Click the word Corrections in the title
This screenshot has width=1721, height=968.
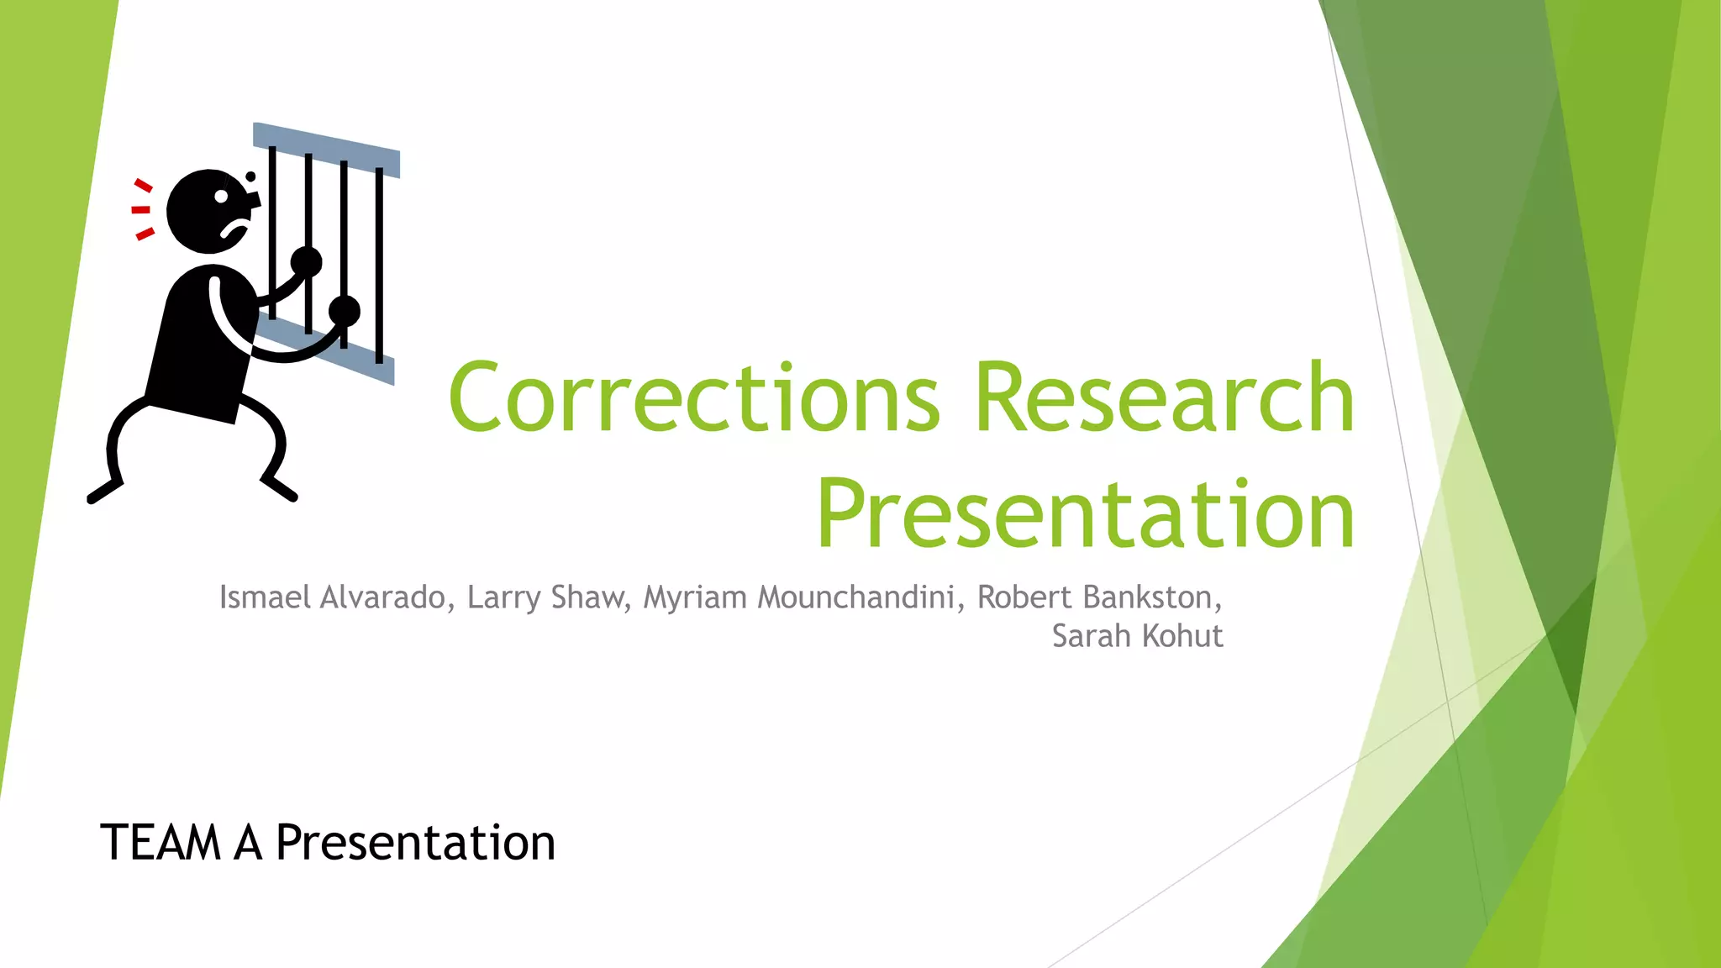[693, 397]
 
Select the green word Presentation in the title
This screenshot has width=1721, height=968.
[1086, 514]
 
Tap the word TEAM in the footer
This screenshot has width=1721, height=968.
[160, 843]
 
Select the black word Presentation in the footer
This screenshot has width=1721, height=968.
[415, 843]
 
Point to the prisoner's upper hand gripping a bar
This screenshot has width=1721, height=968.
[307, 261]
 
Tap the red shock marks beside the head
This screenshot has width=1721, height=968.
[142, 210]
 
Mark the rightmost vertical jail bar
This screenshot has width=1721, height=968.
[379, 265]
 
